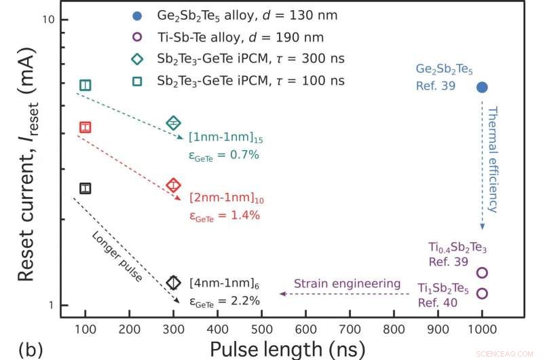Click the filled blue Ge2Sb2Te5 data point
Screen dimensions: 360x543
(x=482, y=87)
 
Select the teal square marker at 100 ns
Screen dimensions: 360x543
(x=85, y=85)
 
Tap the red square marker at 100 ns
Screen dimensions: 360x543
(x=85, y=127)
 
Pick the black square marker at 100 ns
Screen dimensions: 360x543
(x=85, y=188)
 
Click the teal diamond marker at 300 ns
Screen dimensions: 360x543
(x=174, y=123)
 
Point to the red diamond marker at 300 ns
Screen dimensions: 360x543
(x=174, y=185)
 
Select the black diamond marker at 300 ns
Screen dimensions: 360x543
(x=174, y=283)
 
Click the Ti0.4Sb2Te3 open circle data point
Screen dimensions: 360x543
(x=483, y=272)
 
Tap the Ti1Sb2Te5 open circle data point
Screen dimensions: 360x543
(x=483, y=293)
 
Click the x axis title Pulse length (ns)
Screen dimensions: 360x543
(x=287, y=348)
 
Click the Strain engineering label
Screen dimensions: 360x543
(x=337, y=283)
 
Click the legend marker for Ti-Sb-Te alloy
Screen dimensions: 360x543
(x=137, y=37)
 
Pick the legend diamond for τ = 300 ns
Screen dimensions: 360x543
(x=137, y=58)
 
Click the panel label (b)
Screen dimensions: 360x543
(x=31, y=349)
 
